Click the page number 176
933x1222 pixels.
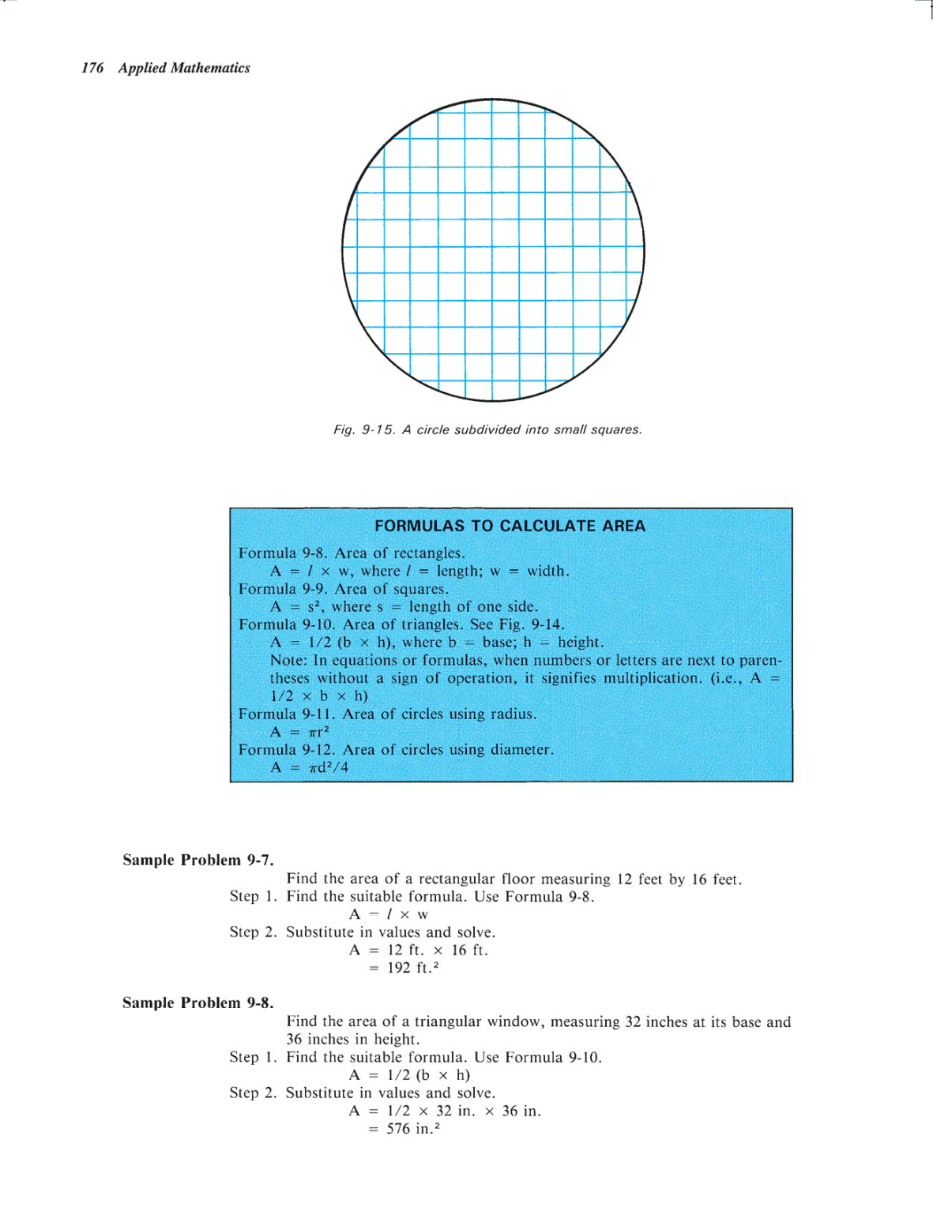coord(92,68)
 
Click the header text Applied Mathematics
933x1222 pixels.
coord(184,68)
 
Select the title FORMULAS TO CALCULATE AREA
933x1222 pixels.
coord(510,526)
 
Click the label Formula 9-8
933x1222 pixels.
coord(282,553)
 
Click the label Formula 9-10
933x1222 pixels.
coord(286,624)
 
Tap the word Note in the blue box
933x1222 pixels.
coord(288,660)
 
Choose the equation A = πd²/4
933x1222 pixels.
coord(309,767)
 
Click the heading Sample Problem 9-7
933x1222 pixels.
coord(198,860)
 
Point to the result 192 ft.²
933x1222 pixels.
coord(412,968)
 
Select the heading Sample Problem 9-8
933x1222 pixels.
coord(198,1003)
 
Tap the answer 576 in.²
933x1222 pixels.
coord(412,1129)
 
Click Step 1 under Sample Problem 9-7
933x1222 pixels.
coord(253,896)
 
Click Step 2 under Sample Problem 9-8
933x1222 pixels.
coord(253,1093)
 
